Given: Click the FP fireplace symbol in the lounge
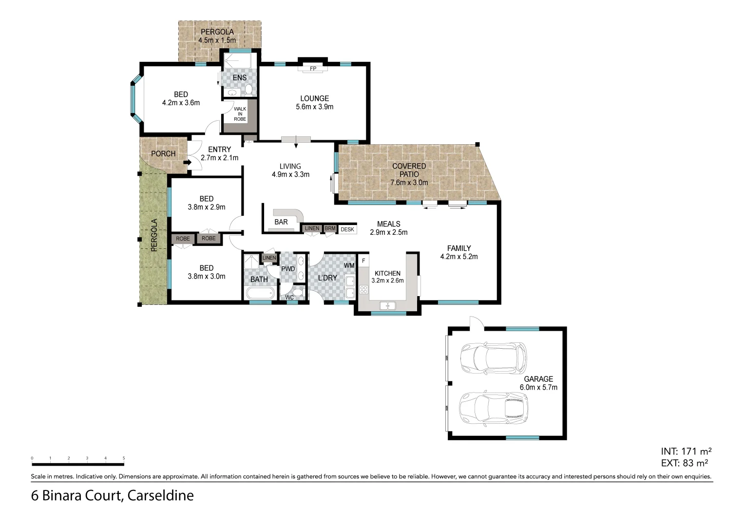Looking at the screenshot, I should pyautogui.click(x=313, y=69).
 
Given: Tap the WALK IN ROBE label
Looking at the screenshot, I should pyautogui.click(x=240, y=114).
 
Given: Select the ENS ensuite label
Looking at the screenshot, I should pyautogui.click(x=239, y=77).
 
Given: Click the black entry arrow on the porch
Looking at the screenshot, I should pyautogui.click(x=186, y=162).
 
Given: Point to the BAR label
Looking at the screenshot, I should pyautogui.click(x=281, y=222).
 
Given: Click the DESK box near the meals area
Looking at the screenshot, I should pyautogui.click(x=347, y=229).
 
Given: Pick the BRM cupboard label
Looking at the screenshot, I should pyautogui.click(x=330, y=228).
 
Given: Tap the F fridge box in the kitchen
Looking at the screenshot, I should pyautogui.click(x=363, y=261).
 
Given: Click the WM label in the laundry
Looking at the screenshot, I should pyautogui.click(x=349, y=265).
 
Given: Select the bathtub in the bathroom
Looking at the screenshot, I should pyautogui.click(x=259, y=294).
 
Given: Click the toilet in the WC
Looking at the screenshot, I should pyautogui.click(x=299, y=292).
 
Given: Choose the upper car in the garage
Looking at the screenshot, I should pyautogui.click(x=493, y=357).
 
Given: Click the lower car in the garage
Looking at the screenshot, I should pyautogui.click(x=493, y=406).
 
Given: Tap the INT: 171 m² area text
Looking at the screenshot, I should pyautogui.click(x=687, y=451).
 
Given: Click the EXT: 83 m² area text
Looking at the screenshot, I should pyautogui.click(x=684, y=463).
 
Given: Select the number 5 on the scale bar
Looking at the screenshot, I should pyautogui.click(x=124, y=458).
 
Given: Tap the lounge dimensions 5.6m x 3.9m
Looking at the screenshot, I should pyautogui.click(x=314, y=107).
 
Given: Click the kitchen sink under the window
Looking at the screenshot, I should pyautogui.click(x=388, y=306).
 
